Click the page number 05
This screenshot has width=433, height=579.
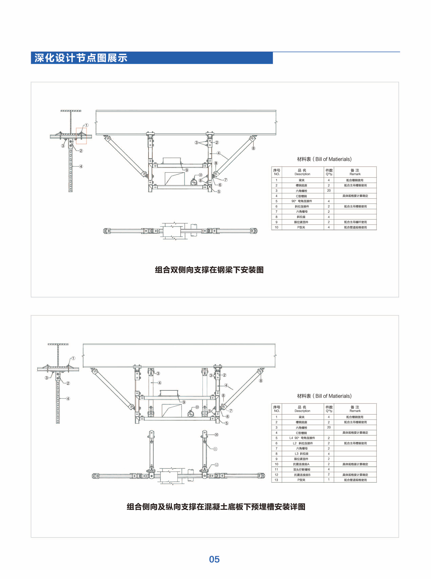click(x=214, y=559)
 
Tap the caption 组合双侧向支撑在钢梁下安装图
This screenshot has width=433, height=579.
click(x=209, y=270)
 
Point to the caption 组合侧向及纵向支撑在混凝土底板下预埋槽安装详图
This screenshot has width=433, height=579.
click(x=216, y=506)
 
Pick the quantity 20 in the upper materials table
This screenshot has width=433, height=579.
click(x=329, y=191)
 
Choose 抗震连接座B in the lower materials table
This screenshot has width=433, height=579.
click(x=302, y=475)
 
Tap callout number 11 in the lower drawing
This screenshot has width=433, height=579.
click(x=215, y=449)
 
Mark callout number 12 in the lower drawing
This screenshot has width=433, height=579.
click(x=216, y=465)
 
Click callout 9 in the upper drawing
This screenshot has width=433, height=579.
click(x=187, y=170)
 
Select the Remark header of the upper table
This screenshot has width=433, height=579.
click(x=355, y=172)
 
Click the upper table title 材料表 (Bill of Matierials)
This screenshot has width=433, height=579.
click(x=324, y=159)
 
